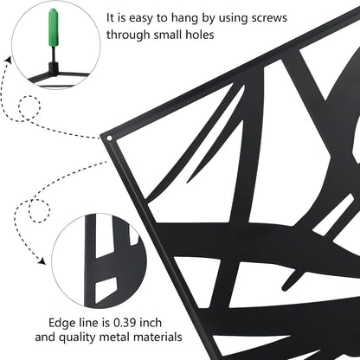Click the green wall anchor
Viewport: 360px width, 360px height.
[54, 29]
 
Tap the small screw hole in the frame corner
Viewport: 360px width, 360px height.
[109, 138]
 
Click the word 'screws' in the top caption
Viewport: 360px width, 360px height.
[269, 18]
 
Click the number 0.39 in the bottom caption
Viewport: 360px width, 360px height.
[125, 323]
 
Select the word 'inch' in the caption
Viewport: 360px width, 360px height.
[151, 323]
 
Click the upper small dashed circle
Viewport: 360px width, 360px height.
[29, 107]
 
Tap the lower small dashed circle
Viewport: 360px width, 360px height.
[39, 210]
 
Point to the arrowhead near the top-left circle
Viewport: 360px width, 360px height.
[8, 60]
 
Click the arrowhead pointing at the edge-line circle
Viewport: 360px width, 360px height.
[42, 261]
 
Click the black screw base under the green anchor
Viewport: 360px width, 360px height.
[54, 67]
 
